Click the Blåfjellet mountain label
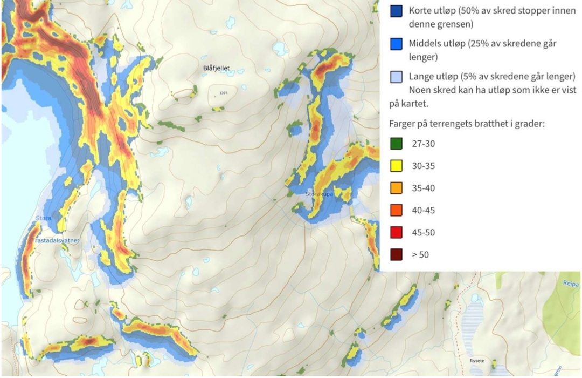coord(216,68)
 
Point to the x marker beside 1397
coord(214,96)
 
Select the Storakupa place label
coord(317,193)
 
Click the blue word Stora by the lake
coord(43,219)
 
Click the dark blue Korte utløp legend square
coord(396,11)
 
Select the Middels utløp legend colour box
coord(396,44)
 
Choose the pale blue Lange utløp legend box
coord(396,77)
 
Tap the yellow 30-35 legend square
coord(396,166)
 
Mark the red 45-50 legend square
coord(396,232)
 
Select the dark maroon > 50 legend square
coord(396,254)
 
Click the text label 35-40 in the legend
coord(423,188)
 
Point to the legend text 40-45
coord(423,210)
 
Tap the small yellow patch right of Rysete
coord(494,364)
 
